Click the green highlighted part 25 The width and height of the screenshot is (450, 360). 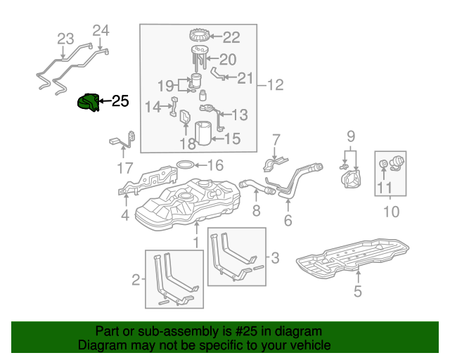coord(88,103)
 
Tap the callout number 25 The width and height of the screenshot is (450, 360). coord(120,101)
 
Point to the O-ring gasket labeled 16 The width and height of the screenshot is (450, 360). coord(184,166)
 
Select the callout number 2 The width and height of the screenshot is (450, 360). coord(136,281)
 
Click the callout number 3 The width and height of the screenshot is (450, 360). coord(275,259)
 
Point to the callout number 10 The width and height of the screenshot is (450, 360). coord(390,211)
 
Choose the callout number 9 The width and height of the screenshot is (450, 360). coord(351,136)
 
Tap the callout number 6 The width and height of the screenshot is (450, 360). coord(288,220)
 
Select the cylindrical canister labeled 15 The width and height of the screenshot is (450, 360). coord(204,134)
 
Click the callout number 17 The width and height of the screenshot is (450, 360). coord(124,168)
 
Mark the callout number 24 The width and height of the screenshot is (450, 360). coord(101,30)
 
